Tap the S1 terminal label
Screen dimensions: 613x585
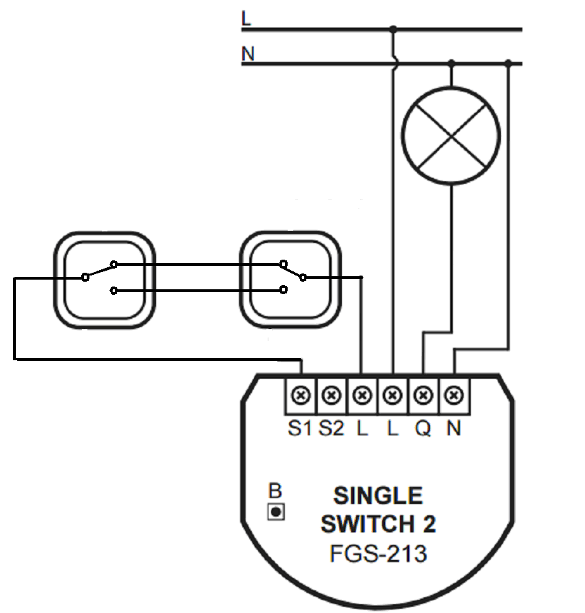pos(300,428)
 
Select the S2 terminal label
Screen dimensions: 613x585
pos(331,428)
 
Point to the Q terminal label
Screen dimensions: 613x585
pos(423,428)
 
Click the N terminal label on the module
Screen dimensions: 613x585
pos(453,428)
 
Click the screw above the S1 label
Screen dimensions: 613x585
pos(301,395)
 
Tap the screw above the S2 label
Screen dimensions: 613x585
pos(331,395)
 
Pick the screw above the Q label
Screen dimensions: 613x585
pos(423,395)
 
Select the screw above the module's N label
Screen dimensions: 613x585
pos(453,395)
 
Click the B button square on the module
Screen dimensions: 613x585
pos(276,512)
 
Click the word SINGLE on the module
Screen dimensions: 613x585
pos(378,496)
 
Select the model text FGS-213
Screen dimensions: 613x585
pos(378,553)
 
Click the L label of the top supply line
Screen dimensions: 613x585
pos(246,19)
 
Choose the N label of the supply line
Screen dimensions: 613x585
pos(247,54)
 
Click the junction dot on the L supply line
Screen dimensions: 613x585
pos(393,29)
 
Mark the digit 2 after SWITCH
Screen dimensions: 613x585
pos(427,524)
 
